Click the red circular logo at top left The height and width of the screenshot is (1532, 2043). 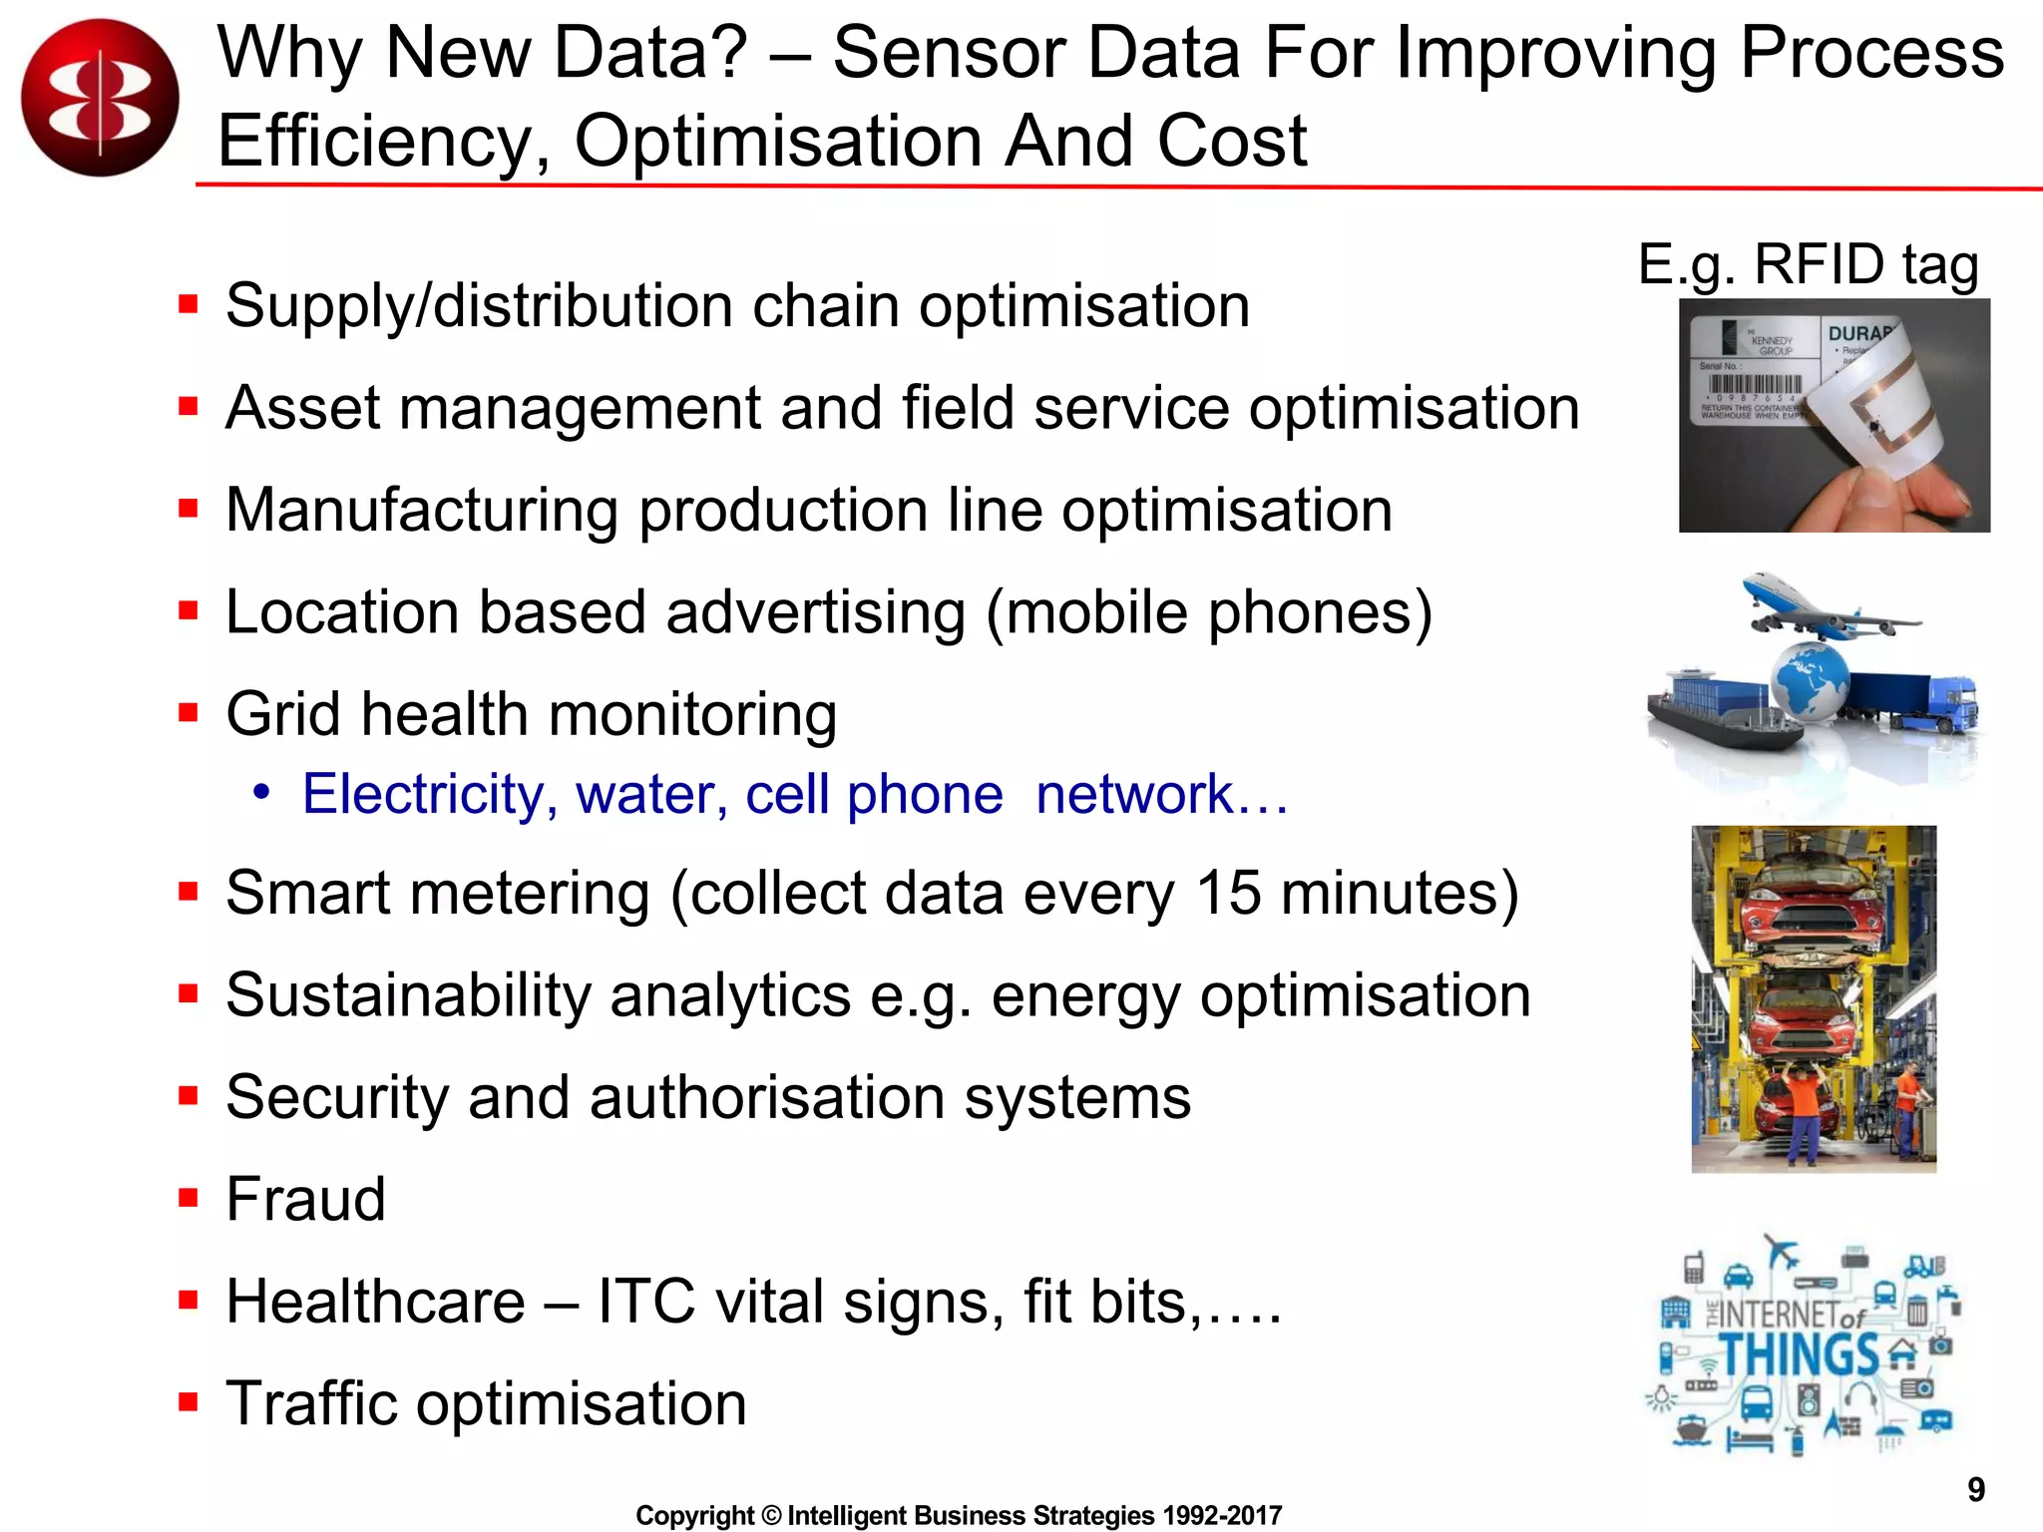click(x=100, y=98)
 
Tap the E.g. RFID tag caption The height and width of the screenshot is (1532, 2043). click(x=1808, y=265)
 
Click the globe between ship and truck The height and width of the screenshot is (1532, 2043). click(x=1810, y=680)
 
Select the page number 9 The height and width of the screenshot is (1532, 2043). click(x=1975, y=1489)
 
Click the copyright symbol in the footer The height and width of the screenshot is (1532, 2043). click(x=771, y=1516)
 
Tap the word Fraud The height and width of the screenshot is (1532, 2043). click(x=305, y=1199)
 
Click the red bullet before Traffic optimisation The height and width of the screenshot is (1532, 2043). click(x=188, y=1402)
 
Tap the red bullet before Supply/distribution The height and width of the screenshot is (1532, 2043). click(x=188, y=303)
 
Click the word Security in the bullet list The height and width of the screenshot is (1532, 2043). click(x=336, y=1097)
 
